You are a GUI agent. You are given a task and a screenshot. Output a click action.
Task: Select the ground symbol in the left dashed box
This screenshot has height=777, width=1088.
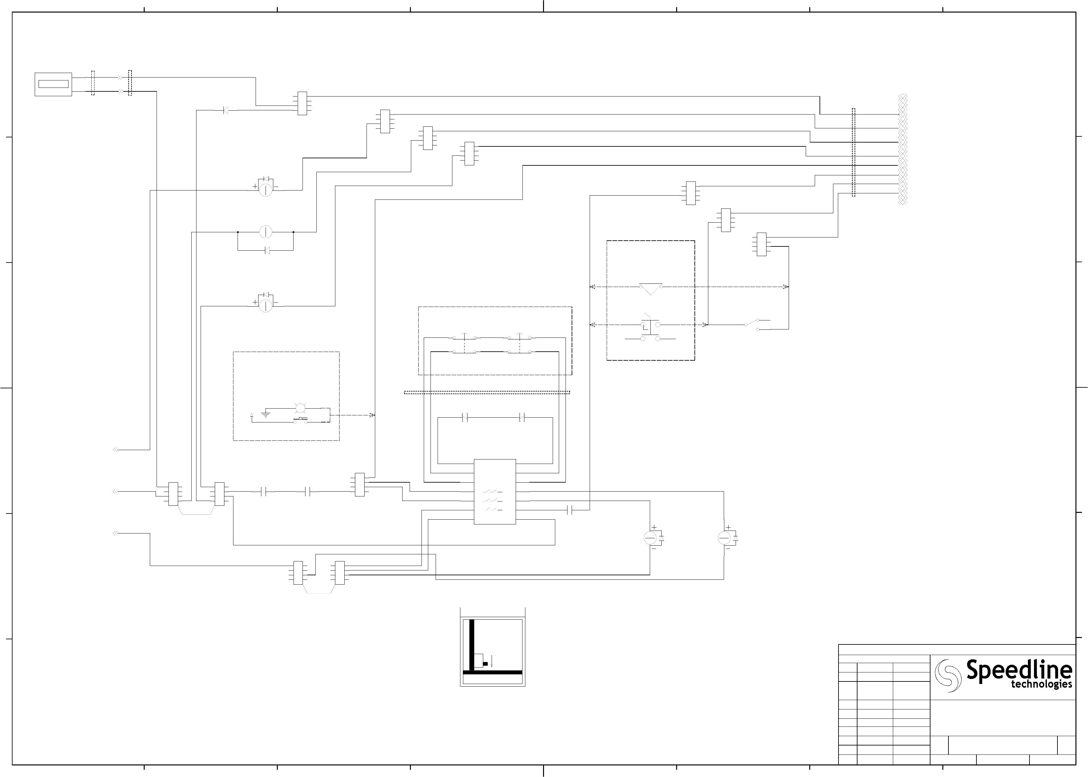coord(266,413)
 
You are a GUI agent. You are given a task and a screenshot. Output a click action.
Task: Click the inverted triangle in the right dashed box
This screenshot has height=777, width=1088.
coord(651,289)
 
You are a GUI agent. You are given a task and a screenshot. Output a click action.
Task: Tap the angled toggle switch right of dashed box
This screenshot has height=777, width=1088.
coord(757,324)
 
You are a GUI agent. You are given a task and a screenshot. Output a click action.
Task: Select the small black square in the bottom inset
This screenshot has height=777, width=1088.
coord(485,664)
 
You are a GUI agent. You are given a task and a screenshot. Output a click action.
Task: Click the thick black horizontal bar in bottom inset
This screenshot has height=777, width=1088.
coord(492,672)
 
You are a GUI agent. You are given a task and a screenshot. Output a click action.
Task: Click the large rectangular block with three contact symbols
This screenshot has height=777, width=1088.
coord(495,492)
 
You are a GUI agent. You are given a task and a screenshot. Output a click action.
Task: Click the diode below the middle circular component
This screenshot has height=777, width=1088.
coord(267,250)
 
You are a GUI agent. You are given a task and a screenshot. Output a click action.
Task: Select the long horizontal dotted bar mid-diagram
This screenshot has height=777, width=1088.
coord(487,392)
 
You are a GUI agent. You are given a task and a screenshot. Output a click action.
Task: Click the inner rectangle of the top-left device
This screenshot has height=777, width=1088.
coord(54,84)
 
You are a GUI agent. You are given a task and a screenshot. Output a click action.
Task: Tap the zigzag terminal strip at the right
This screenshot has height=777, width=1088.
coord(902,149)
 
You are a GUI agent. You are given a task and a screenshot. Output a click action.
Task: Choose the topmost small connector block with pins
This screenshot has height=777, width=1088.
coord(302,103)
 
